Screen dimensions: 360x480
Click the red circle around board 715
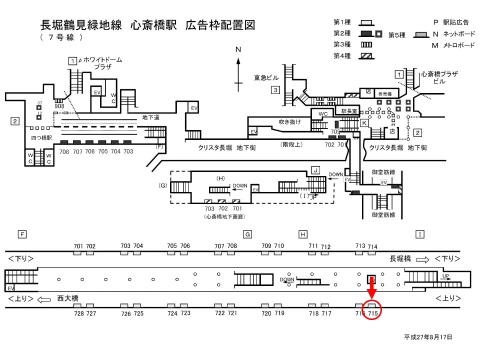(x=372, y=309)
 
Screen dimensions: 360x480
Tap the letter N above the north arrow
(x=238, y=49)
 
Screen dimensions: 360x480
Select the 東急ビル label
(x=266, y=77)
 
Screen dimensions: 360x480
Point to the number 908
(x=59, y=106)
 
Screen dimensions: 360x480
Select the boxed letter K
(x=364, y=122)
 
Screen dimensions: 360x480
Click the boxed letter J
(x=315, y=170)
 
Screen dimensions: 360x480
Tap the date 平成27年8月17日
(x=428, y=337)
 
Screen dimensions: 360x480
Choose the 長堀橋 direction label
(x=400, y=258)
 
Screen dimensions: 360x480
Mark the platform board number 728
(x=78, y=313)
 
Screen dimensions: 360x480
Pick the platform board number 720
(x=266, y=313)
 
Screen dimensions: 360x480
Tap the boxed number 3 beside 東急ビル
(x=275, y=90)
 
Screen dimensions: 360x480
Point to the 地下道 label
(x=150, y=117)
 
